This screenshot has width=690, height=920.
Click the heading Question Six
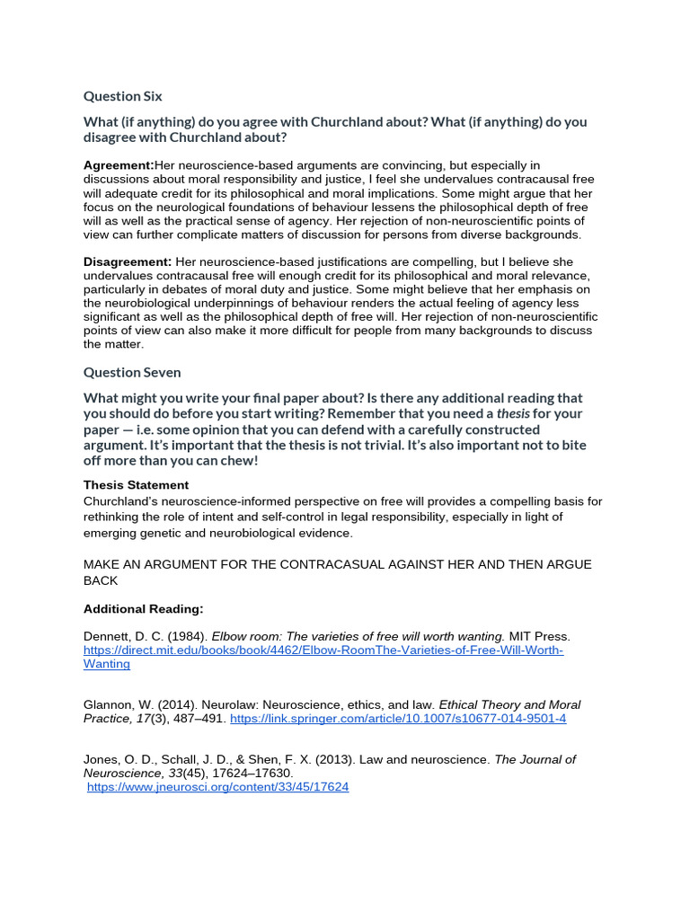click(122, 96)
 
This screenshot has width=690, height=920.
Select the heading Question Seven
click(131, 372)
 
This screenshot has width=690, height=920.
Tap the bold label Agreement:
click(119, 165)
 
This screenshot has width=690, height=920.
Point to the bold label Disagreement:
click(128, 261)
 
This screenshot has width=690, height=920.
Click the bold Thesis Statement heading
click(136, 485)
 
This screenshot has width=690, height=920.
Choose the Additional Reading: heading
click(143, 609)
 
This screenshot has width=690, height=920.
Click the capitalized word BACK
click(102, 580)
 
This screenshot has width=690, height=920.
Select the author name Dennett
click(108, 636)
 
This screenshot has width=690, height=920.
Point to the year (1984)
click(182, 636)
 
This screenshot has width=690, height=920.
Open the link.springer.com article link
click(398, 720)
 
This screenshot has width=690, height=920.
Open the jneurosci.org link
click(217, 787)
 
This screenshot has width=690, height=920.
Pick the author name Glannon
click(110, 705)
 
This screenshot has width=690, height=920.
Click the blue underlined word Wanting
click(107, 664)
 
